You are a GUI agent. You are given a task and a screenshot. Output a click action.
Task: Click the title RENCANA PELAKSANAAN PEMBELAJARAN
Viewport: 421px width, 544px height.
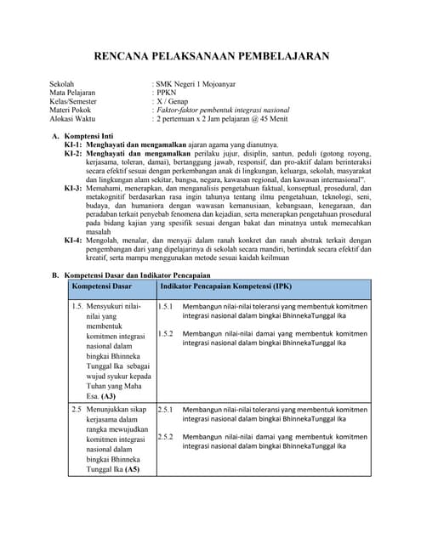[x=210, y=57]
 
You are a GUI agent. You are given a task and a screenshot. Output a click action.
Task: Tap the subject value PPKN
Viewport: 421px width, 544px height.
[x=166, y=93]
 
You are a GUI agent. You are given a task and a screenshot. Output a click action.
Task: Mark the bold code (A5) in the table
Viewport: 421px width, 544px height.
[x=132, y=468]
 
